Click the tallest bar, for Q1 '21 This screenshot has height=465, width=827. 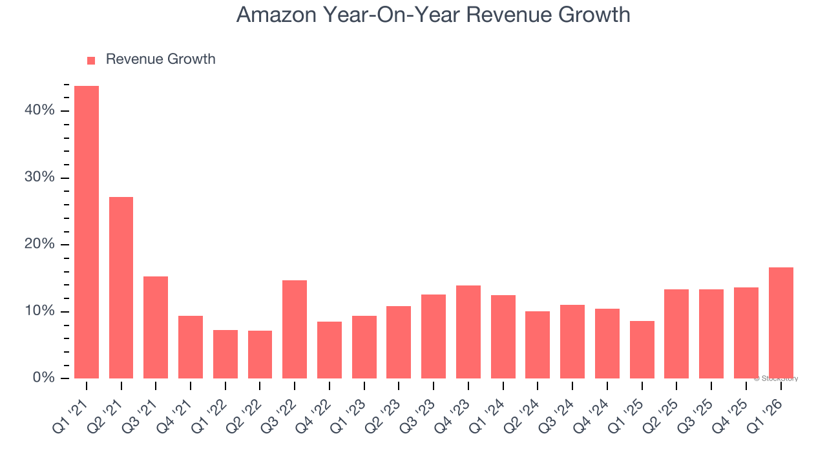(x=87, y=232)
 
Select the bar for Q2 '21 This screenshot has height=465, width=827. (x=121, y=287)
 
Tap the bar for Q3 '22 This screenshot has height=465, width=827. (x=295, y=329)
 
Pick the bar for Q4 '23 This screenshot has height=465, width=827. (x=468, y=331)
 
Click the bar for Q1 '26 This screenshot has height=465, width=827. (x=780, y=322)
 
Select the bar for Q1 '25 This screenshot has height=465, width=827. (x=642, y=349)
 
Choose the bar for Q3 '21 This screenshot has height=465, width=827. (x=156, y=327)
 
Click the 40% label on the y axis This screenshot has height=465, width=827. (x=39, y=110)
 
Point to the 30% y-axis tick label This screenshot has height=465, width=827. (x=39, y=178)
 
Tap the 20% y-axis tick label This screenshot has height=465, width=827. (x=39, y=244)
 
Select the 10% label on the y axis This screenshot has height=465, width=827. (x=39, y=311)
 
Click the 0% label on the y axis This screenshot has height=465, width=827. (x=43, y=378)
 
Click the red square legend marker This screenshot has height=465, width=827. (x=91, y=60)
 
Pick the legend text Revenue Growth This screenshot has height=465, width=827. (x=160, y=59)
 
